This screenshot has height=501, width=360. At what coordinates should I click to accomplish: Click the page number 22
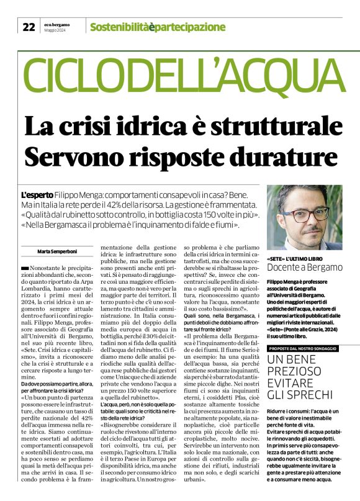pyautogui.click(x=29, y=27)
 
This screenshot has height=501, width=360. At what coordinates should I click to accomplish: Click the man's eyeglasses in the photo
pyautogui.click(x=302, y=215)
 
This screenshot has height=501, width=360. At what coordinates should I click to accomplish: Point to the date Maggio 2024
pyautogui.click(x=56, y=30)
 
